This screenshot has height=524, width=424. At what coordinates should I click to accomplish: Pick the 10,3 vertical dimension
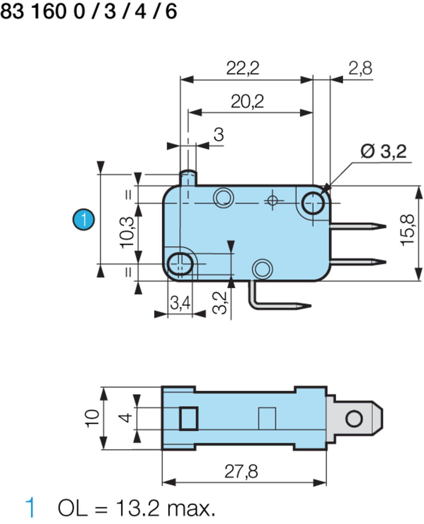(127, 233)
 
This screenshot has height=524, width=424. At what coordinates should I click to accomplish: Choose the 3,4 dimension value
(180, 303)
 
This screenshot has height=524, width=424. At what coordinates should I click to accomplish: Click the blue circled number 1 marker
(83, 219)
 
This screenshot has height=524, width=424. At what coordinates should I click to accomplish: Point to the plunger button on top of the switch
(188, 177)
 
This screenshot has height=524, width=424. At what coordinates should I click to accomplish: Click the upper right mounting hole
(313, 203)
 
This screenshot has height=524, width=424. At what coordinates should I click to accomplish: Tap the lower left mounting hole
(180, 264)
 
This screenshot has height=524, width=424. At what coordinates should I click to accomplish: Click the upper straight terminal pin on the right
(358, 226)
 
